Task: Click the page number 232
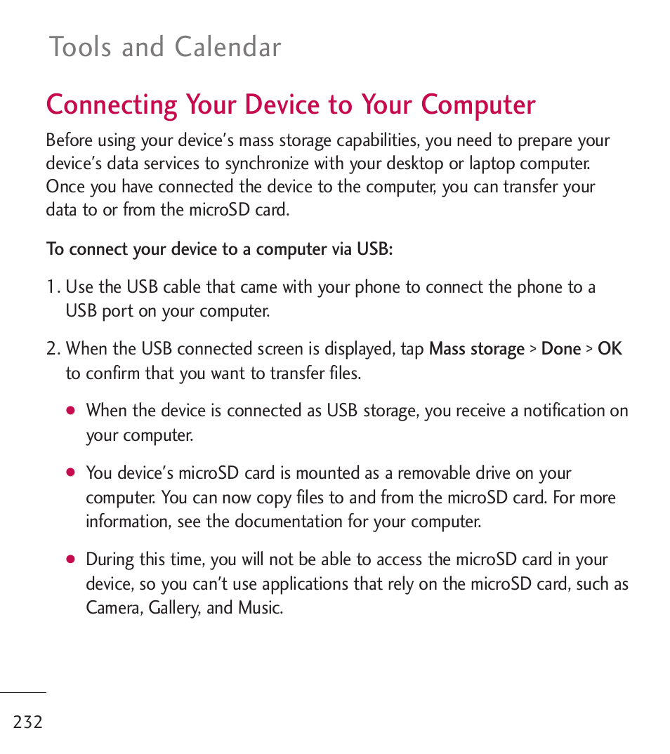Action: coord(28,722)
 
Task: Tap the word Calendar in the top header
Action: coord(228,47)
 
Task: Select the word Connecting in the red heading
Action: coord(112,105)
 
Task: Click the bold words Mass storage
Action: coord(477,349)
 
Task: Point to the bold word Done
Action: coord(561,349)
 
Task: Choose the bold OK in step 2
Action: coord(610,349)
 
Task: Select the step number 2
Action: coord(51,349)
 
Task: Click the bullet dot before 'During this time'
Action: coord(70,560)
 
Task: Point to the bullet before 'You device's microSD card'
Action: coord(70,473)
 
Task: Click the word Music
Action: coord(260,608)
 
